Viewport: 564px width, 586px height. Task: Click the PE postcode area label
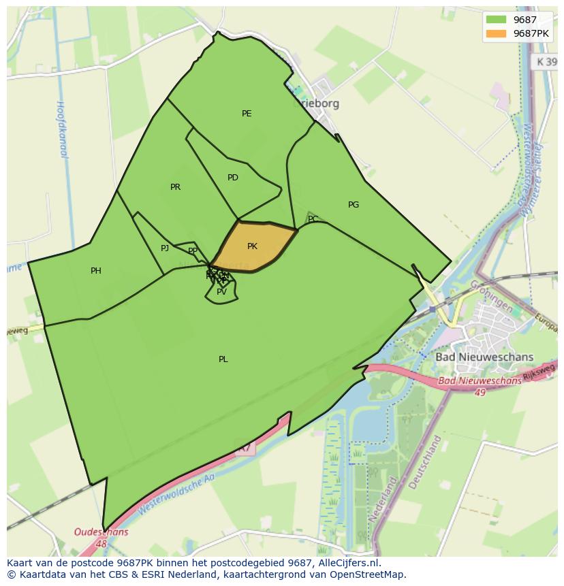[x=247, y=114]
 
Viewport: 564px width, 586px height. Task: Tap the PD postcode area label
[x=233, y=178]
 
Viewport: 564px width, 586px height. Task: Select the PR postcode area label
[x=175, y=187]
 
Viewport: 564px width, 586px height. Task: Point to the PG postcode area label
[x=353, y=204]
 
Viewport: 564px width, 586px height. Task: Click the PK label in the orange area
[x=252, y=246]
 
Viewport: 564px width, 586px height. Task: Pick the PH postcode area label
[x=96, y=271]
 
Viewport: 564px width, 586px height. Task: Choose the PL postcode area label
[x=223, y=359]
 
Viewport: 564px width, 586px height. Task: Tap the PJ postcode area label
[x=165, y=248]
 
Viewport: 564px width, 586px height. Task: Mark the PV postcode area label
[x=221, y=292]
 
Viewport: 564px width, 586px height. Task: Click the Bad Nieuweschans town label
[x=484, y=357]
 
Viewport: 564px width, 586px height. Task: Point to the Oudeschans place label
[x=101, y=533]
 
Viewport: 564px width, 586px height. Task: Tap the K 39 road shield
[x=545, y=61]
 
